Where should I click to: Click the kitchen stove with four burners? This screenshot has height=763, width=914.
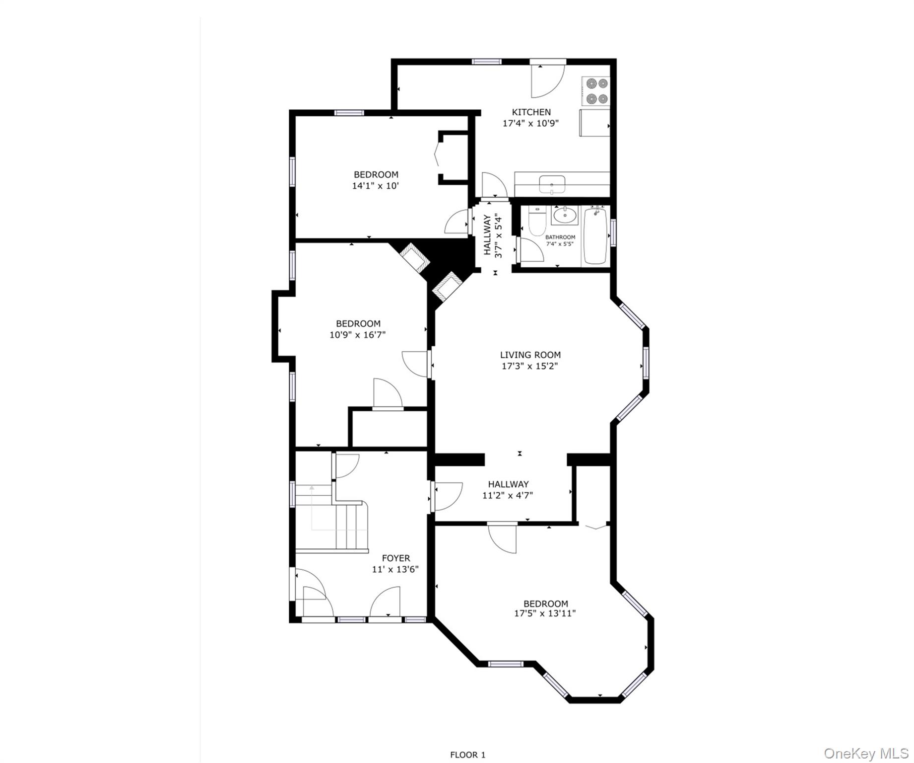595,91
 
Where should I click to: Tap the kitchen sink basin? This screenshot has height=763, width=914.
552,183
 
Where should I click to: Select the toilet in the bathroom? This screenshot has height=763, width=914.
537,222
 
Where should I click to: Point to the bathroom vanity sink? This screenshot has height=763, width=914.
565,216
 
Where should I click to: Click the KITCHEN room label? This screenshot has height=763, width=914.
531,112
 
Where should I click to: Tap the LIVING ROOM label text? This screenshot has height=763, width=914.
530,355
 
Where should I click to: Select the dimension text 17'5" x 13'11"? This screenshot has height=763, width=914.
544,613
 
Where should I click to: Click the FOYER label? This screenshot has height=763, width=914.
395,558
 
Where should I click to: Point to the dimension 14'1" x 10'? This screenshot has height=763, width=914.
376,186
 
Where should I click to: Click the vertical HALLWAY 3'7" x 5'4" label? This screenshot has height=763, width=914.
493,235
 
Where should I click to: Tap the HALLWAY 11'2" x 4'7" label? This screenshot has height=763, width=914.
508,490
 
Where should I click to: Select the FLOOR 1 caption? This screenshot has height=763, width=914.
467,755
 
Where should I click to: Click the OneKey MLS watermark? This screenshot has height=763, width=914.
865,754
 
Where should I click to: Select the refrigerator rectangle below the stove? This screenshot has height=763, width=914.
594,123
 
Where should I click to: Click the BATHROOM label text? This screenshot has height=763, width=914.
560,237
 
